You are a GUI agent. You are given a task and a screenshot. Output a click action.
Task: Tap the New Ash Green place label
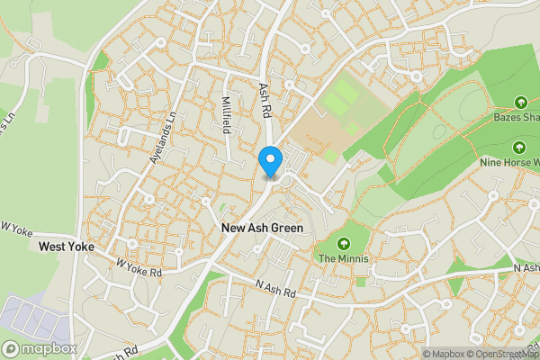(262, 229)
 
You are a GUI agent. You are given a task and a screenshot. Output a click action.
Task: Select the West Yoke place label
(67, 246)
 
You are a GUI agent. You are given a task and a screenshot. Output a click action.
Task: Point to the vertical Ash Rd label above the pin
(265, 100)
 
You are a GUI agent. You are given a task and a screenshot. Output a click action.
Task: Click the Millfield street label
(227, 115)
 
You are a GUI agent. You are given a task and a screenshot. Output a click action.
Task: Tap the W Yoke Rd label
(139, 267)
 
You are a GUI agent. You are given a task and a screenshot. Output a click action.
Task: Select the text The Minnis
(344, 259)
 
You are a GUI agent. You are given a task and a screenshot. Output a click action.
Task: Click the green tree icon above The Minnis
(344, 243)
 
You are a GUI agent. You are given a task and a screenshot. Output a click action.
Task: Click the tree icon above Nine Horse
(519, 148)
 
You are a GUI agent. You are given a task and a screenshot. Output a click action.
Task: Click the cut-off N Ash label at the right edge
(526, 269)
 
